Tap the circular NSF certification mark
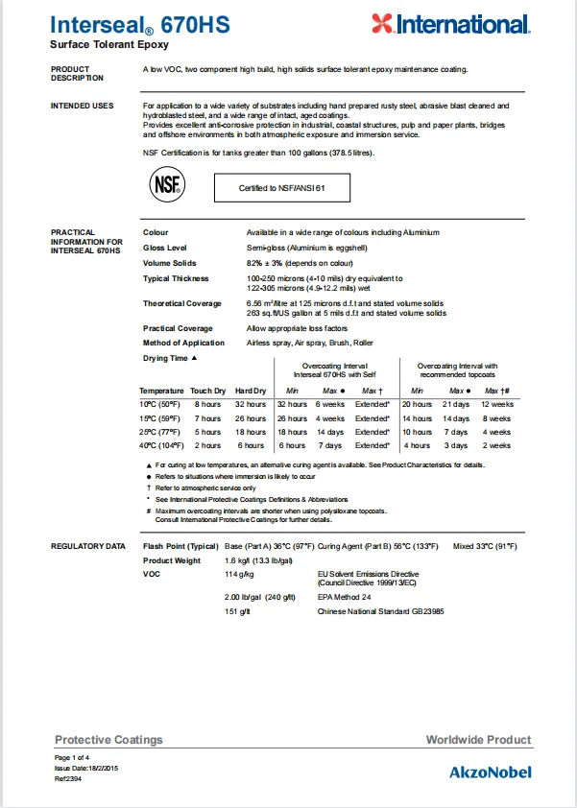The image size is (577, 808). [x=165, y=186]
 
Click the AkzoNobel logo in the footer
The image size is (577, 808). [x=490, y=772]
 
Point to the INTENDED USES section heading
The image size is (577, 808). [x=82, y=106]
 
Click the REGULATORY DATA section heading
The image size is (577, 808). [x=87, y=546]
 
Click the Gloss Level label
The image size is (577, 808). [x=165, y=248]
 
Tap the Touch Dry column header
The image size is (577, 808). [x=207, y=391]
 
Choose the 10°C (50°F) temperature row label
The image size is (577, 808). [x=160, y=405]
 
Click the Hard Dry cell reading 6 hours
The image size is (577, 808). [x=251, y=445]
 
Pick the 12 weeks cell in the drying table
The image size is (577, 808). [x=497, y=405]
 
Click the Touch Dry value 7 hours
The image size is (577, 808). [x=207, y=418]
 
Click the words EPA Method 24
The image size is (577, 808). [x=345, y=596]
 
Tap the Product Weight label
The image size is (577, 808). [x=172, y=560]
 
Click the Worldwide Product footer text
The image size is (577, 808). [x=478, y=740]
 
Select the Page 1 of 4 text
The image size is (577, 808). [x=72, y=758]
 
